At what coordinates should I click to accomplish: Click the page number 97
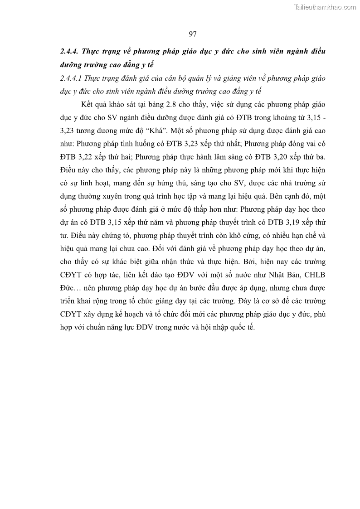click(192, 34)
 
